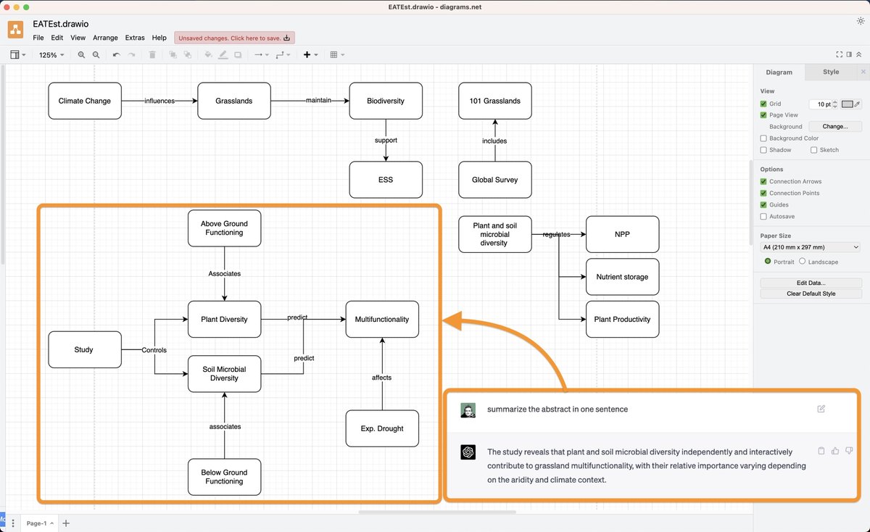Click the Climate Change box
pos(85,101)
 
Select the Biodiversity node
pos(385,101)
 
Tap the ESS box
pos(385,180)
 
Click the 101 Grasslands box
pos(495,101)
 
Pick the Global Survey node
pos(495,180)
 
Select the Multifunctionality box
pos(382,319)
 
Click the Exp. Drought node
pos(382,428)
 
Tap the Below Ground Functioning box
pos(224,477)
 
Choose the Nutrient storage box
pos(622,277)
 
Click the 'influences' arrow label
pos(159,101)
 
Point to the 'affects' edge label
pos(382,378)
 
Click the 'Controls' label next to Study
pos(154,350)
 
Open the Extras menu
pos(135,38)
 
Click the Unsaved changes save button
pos(234,38)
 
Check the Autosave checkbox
pos(763,217)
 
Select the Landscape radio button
pos(803,262)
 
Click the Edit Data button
pos(811,283)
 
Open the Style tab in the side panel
pos(831,72)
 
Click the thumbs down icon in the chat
pos(849,451)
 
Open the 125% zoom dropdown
pos(51,55)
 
